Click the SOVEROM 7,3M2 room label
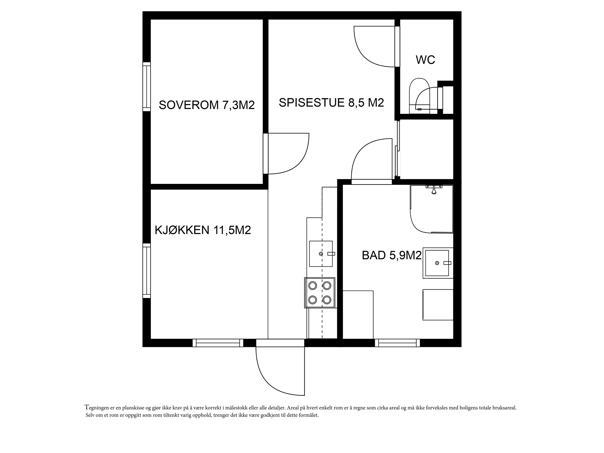[207, 105]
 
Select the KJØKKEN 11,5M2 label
[203, 230]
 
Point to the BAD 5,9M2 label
[391, 256]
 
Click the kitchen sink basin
[321, 254]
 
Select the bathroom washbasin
[437, 263]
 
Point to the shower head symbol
[434, 189]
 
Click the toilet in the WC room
[420, 96]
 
